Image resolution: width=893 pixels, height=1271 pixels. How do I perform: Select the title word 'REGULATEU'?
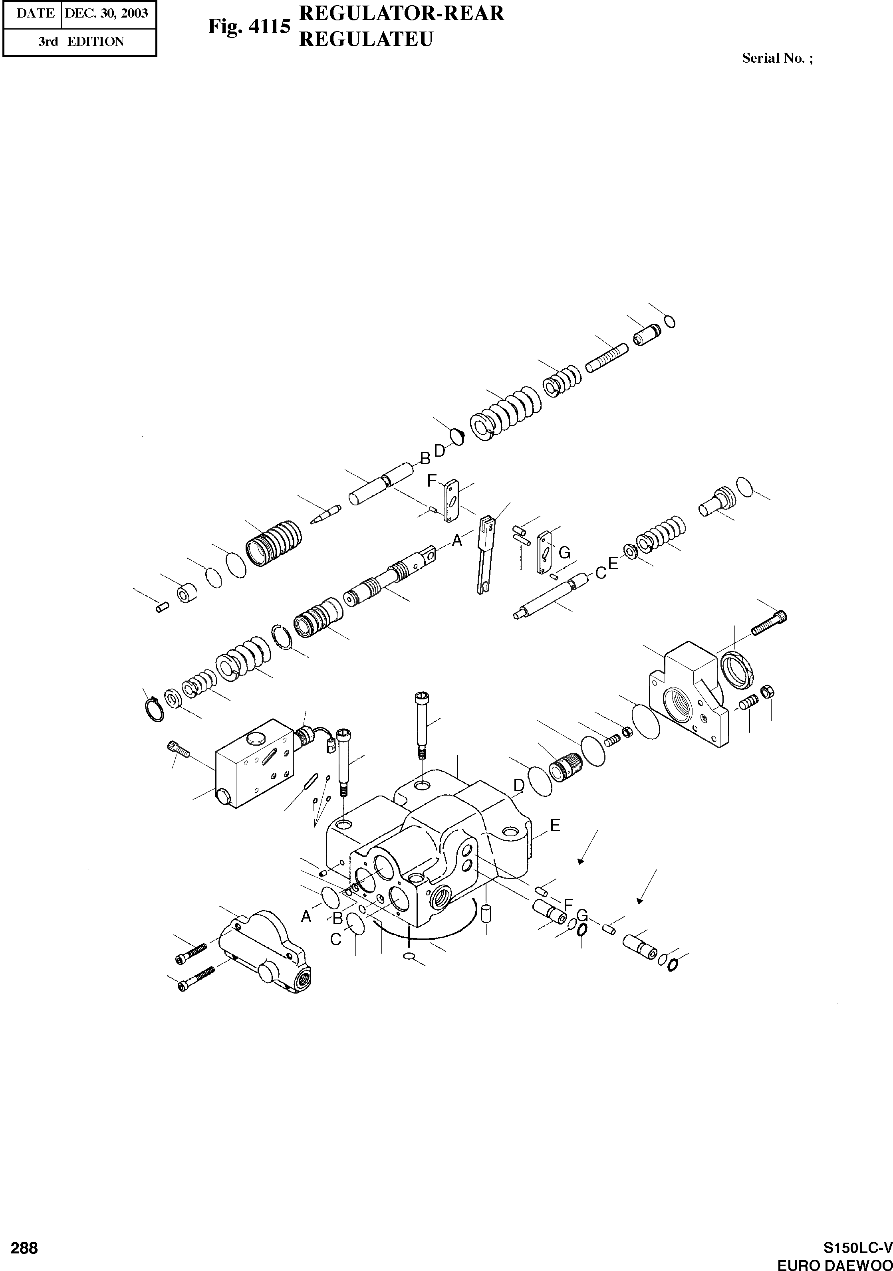(365, 39)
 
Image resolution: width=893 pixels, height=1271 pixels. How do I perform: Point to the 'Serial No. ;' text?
(777, 59)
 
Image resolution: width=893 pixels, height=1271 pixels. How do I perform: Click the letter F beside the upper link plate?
(432, 481)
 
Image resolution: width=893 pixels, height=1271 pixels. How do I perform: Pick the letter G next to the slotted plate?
(564, 552)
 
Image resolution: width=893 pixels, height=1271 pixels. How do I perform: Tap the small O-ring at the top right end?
(669, 322)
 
